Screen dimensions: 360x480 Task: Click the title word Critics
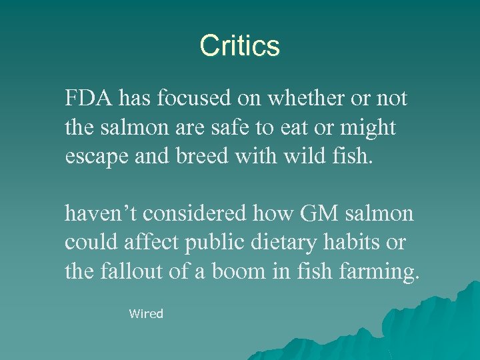point(239,46)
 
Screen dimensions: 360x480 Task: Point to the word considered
point(199,214)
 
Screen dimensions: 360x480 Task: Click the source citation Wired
point(146,313)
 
